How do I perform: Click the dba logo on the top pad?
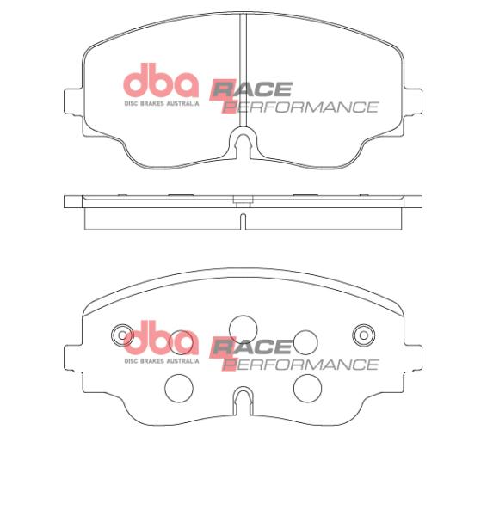click(x=161, y=83)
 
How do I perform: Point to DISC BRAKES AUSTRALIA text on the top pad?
click(x=162, y=103)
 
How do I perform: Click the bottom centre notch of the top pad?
click(x=243, y=142)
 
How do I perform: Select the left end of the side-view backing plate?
click(x=69, y=202)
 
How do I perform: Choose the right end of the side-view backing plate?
click(x=416, y=202)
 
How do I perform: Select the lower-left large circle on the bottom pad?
click(x=179, y=389)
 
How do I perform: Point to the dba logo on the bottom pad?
click(x=161, y=341)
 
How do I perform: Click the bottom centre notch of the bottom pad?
click(x=243, y=399)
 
